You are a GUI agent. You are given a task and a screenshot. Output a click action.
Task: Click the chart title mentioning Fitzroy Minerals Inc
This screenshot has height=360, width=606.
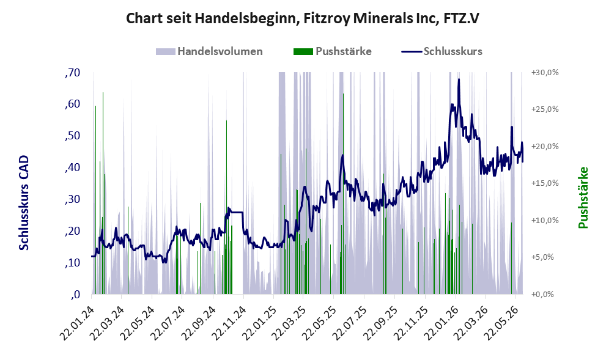[303, 18]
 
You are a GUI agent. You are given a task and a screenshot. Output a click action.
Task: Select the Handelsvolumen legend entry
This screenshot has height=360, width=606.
[209, 51]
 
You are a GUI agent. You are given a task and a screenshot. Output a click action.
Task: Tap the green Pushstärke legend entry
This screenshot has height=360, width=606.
[333, 51]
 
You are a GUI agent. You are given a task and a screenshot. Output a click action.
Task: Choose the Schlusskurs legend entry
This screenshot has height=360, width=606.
[442, 51]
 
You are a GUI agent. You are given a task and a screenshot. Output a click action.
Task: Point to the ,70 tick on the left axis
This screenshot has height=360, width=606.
[72, 73]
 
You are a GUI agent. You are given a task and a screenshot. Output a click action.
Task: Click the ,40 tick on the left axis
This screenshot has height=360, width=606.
[72, 167]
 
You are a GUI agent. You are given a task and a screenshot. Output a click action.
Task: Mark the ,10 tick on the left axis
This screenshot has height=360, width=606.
[72, 263]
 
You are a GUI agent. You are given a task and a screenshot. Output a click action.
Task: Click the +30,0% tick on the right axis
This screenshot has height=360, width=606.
[545, 73]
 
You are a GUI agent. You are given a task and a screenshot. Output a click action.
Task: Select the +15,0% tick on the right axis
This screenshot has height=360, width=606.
[545, 183]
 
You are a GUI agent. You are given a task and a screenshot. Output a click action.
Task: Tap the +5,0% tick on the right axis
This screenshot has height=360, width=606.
[545, 257]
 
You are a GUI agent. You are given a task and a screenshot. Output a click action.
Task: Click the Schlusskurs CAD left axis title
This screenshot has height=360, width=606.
[24, 202]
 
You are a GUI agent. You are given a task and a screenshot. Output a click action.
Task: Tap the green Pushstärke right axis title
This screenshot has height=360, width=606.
[583, 197]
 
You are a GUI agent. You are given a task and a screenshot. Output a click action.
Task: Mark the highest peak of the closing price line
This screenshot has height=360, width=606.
[459, 79]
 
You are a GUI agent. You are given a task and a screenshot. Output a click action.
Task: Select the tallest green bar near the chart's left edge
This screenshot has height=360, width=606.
[103, 193]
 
